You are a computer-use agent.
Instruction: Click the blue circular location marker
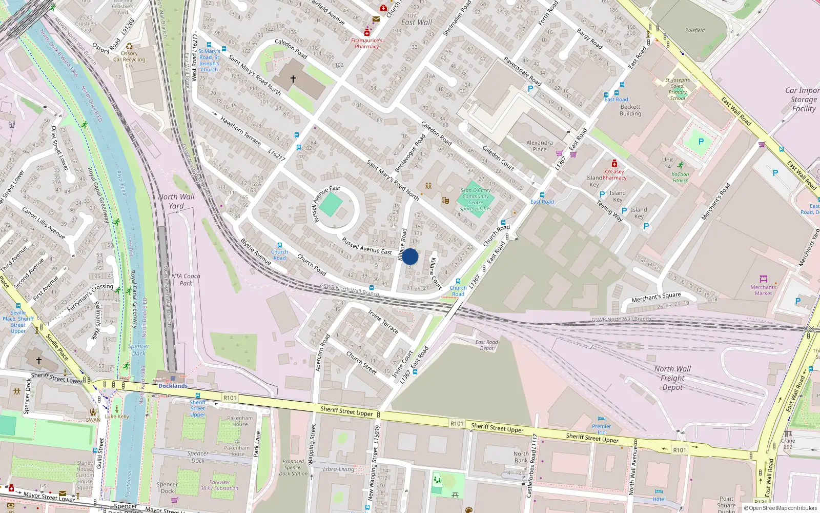pyautogui.click(x=410, y=256)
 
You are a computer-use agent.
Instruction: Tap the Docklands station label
pyautogui.click(x=173, y=386)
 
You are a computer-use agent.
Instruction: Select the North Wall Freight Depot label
pyautogui.click(x=672, y=378)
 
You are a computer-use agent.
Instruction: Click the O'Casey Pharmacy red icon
pyautogui.click(x=614, y=164)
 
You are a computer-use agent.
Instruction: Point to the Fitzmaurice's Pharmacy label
pyautogui.click(x=367, y=43)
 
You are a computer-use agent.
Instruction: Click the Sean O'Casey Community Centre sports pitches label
pyautogui.click(x=476, y=200)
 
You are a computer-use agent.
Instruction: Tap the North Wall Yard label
pyautogui.click(x=176, y=201)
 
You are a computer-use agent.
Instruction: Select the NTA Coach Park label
pyautogui.click(x=186, y=280)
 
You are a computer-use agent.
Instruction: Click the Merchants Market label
pyautogui.click(x=763, y=290)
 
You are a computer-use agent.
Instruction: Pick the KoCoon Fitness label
pyautogui.click(x=680, y=177)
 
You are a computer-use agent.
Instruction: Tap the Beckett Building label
pyautogui.click(x=630, y=110)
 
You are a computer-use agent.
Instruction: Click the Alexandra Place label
pyautogui.click(x=540, y=146)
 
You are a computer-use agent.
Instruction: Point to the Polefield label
pyautogui.click(x=695, y=30)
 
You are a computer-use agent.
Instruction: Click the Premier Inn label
pyautogui.click(x=601, y=429)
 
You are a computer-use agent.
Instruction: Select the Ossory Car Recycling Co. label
pyautogui.click(x=129, y=59)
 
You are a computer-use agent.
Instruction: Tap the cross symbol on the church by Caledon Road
pyautogui.click(x=293, y=79)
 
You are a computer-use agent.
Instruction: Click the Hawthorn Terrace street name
pyautogui.click(x=240, y=131)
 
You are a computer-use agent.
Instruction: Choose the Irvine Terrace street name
pyautogui.click(x=383, y=321)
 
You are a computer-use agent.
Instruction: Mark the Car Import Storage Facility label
pyautogui.click(x=803, y=100)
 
